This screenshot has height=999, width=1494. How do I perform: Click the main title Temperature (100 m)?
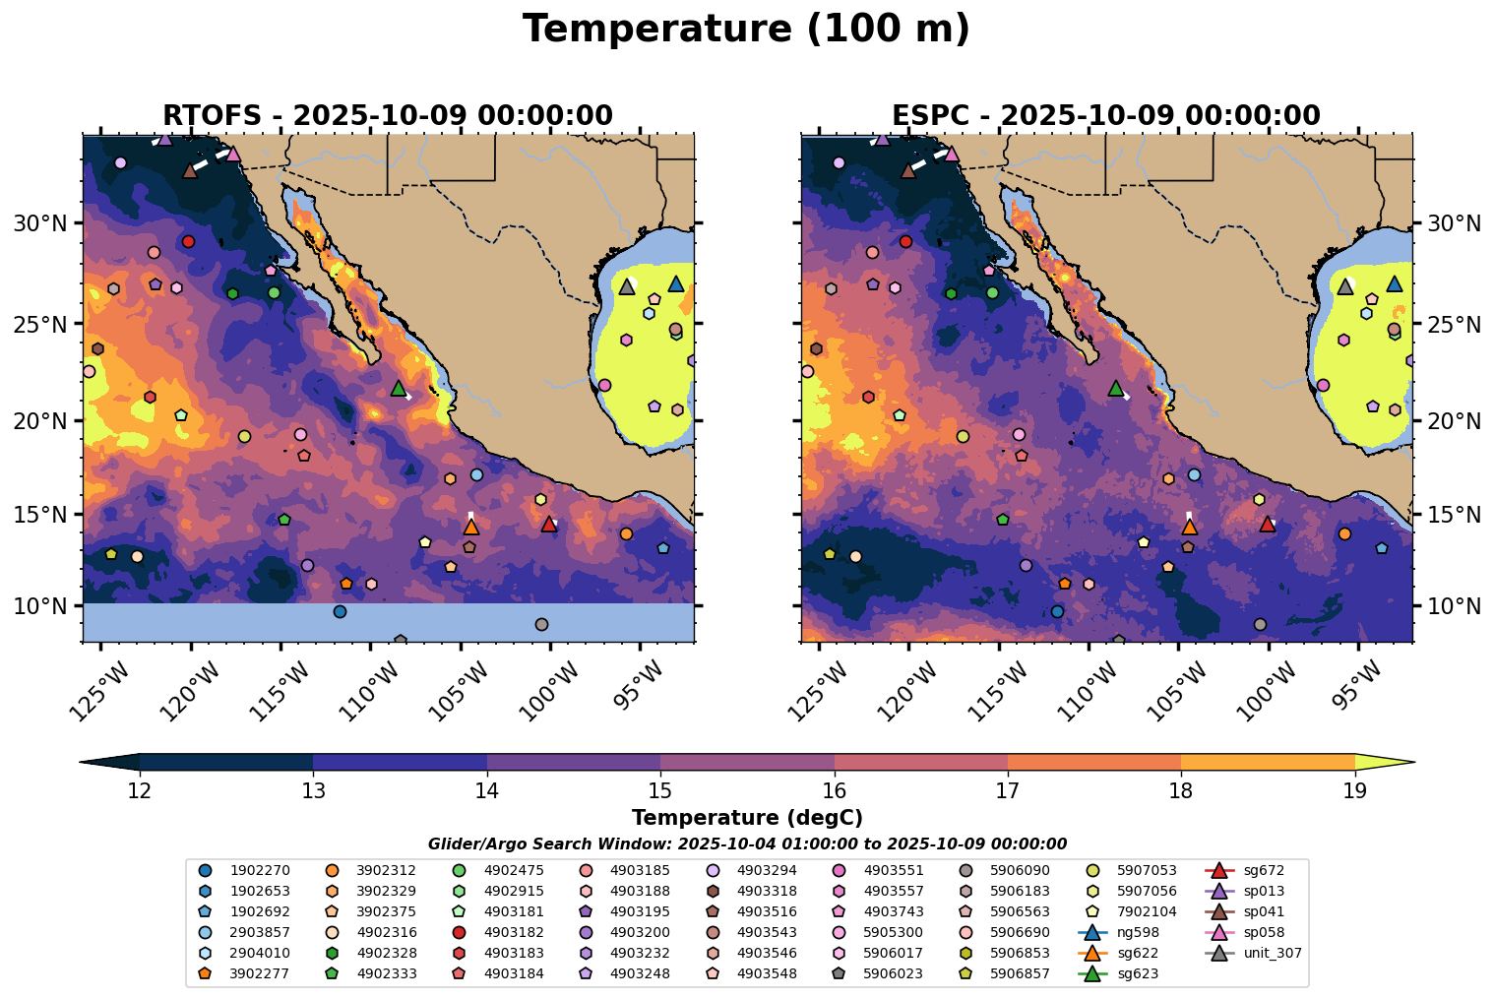pyautogui.click(x=746, y=30)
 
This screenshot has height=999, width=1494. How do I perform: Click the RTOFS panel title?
pyautogui.click(x=388, y=116)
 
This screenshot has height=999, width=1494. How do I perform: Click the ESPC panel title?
pyautogui.click(x=1106, y=116)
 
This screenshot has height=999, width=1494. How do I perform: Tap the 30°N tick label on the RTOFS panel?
pyautogui.click(x=39, y=223)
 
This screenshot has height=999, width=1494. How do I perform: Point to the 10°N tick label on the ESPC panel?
pyautogui.click(x=1454, y=606)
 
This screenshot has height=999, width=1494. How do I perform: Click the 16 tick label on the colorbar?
pyautogui.click(x=835, y=790)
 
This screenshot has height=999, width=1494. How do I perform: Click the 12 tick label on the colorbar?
pyautogui.click(x=140, y=790)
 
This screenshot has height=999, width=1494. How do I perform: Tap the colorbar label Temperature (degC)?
pyautogui.click(x=747, y=818)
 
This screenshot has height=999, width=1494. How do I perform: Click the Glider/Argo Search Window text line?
pyautogui.click(x=747, y=843)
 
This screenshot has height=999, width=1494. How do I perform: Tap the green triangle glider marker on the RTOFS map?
pyautogui.click(x=399, y=388)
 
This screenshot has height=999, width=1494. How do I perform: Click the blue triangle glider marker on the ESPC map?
pyautogui.click(x=1395, y=283)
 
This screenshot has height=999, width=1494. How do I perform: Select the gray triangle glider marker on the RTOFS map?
pyautogui.click(x=627, y=286)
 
